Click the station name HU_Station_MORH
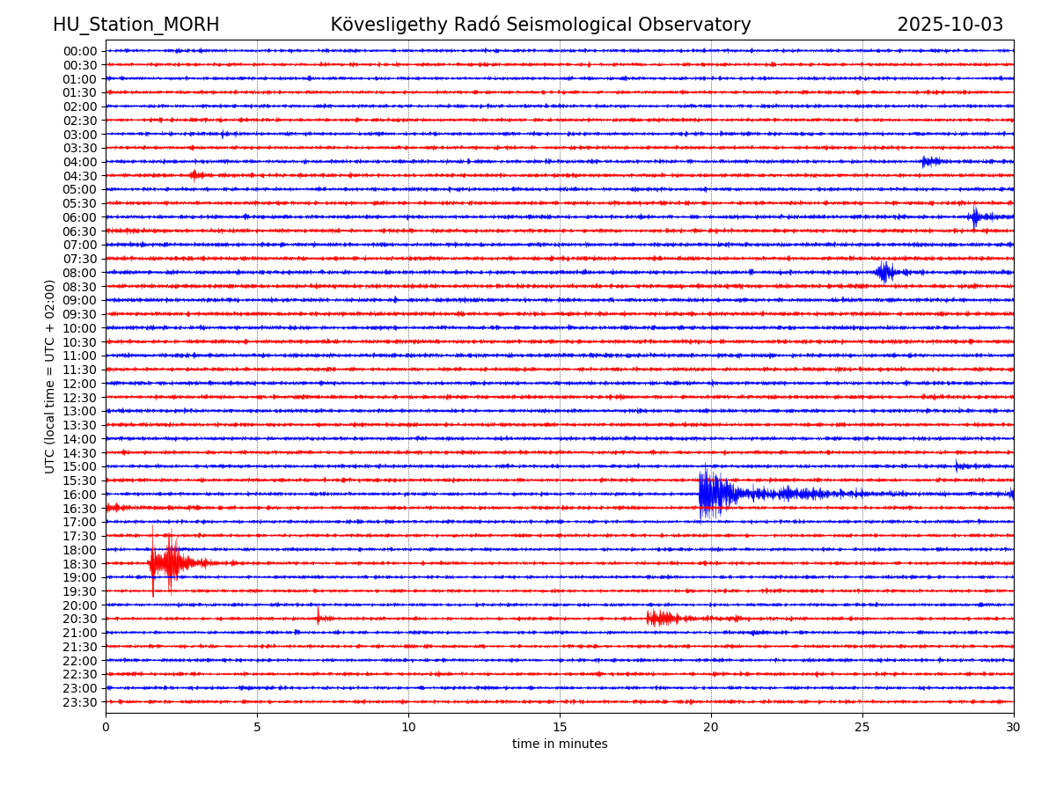coord(136,25)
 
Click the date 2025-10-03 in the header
coord(950,25)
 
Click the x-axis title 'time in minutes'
coord(560,744)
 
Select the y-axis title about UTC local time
coord(50,377)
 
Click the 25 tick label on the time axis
coord(862,728)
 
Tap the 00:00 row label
coord(80,51)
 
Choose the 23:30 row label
coord(80,702)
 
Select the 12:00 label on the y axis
coord(80,384)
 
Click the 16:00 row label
coord(80,495)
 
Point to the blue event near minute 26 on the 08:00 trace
coord(884,272)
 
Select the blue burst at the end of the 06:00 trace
coord(977,216)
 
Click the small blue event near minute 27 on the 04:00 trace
coord(929,161)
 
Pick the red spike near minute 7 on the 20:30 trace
coord(319,616)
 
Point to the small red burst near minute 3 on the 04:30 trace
coord(195,175)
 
